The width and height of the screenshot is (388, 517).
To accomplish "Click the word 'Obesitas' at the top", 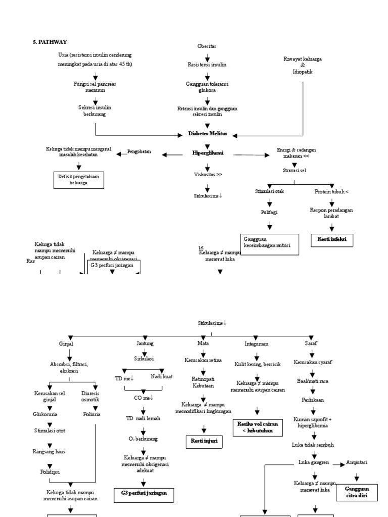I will [x=207, y=46].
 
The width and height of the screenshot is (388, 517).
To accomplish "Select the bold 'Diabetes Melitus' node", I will [x=207, y=134].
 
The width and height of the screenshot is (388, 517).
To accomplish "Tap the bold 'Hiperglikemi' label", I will [x=208, y=153].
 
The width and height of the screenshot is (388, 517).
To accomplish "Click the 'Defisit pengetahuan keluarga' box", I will [x=79, y=180].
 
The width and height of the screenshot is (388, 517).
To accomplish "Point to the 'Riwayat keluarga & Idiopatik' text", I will [x=303, y=66].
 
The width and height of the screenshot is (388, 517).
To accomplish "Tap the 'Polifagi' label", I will [x=269, y=213].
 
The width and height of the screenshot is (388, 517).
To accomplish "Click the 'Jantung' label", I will [x=144, y=343].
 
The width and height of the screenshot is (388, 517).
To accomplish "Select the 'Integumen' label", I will [x=256, y=344].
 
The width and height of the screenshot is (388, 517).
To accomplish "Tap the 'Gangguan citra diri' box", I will [x=357, y=492].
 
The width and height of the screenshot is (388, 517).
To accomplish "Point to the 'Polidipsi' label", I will [x=51, y=472].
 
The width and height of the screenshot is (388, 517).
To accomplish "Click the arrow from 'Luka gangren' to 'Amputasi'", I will [x=338, y=463].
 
